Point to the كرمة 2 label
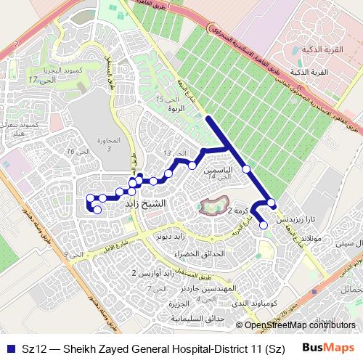coord(238,211)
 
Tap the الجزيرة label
coord(186,304)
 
